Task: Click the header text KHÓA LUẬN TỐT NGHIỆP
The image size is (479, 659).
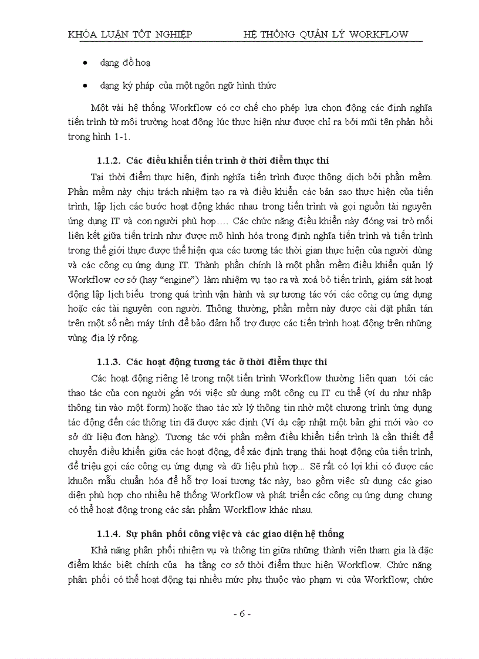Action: pos(130,34)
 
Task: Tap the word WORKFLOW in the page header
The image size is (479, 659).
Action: pos(378,34)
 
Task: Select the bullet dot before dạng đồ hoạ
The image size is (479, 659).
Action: pos(86,62)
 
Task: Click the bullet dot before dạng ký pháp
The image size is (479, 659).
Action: pos(86,86)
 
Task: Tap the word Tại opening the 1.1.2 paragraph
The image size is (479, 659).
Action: pos(99,175)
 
